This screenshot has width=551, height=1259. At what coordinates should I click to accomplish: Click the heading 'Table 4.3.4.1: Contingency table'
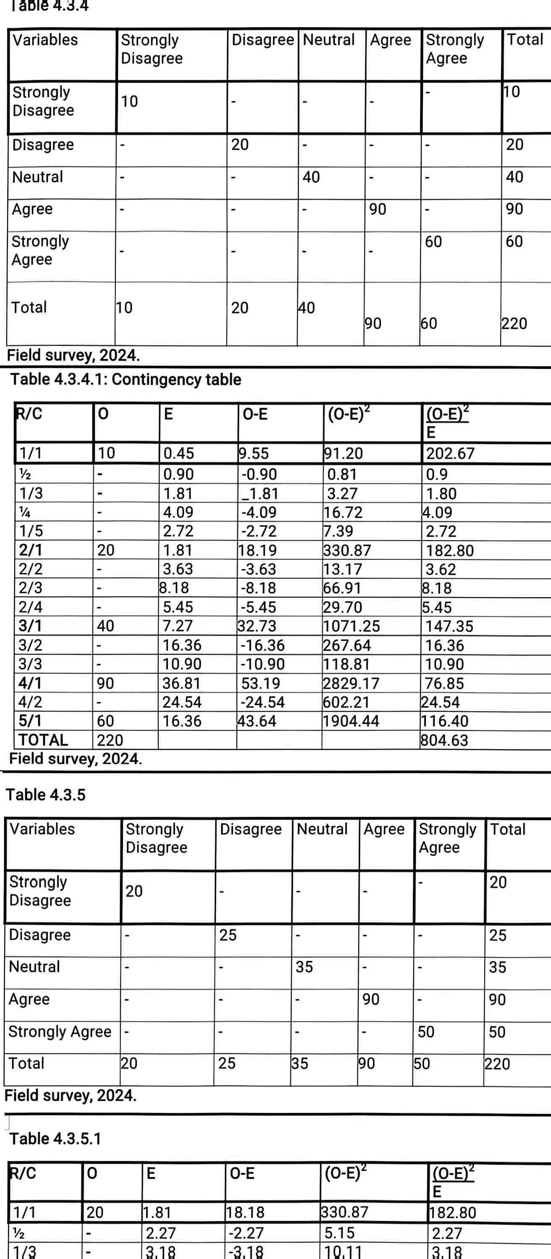tap(125, 380)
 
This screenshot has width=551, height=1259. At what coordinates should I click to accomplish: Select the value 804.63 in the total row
tap(444, 740)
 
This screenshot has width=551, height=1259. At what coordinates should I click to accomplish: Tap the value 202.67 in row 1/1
tap(450, 454)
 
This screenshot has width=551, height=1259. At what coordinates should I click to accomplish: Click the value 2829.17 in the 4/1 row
tap(350, 683)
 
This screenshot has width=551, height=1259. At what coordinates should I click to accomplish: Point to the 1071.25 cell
tap(351, 626)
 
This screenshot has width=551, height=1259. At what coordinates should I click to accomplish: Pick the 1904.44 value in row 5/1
tap(350, 721)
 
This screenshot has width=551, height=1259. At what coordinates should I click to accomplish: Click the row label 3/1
tap(30, 626)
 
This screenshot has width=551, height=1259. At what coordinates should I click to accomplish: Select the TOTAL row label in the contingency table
tap(43, 740)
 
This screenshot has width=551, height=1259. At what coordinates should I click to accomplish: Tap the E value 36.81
tap(182, 683)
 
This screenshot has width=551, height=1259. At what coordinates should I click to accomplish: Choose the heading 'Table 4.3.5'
tap(45, 795)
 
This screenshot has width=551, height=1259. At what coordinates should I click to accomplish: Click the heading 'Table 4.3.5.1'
tap(55, 1139)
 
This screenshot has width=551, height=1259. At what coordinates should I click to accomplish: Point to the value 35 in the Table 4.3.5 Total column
tap(497, 967)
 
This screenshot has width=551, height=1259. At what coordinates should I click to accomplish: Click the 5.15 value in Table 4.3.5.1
tap(339, 1233)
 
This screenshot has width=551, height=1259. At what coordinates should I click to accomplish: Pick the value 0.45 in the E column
tap(178, 454)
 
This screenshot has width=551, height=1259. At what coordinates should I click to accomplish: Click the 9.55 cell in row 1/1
tap(254, 454)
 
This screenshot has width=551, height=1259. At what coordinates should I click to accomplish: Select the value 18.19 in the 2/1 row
tap(257, 550)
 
